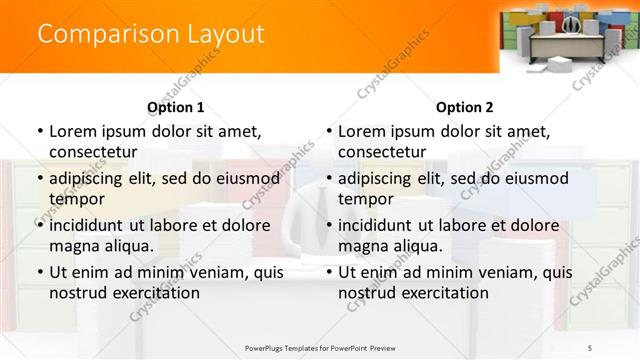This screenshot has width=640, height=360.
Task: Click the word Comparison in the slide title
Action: pyautogui.click(x=95, y=34)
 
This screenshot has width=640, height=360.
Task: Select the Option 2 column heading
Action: pyautogui.click(x=464, y=107)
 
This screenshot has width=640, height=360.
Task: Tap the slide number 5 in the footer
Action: pyautogui.click(x=589, y=347)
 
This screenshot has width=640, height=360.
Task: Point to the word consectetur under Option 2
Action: pyautogui.click(x=381, y=151)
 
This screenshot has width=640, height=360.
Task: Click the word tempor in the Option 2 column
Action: pyautogui.click(x=365, y=198)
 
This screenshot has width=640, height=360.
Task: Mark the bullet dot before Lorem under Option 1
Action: pyautogui.click(x=39, y=131)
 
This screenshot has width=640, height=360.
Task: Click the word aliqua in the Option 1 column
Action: pyautogui.click(x=126, y=245)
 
